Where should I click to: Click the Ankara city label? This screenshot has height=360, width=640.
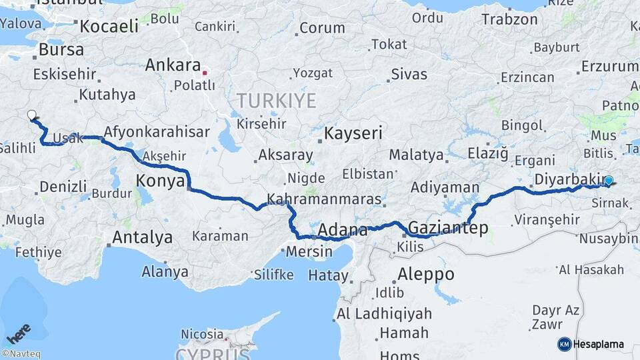pyautogui.click(x=173, y=65)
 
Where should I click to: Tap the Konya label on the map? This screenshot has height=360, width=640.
pyautogui.click(x=160, y=180)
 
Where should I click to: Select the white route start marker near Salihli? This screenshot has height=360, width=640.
pyautogui.click(x=31, y=115)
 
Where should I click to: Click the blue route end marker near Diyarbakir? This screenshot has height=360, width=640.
pyautogui.click(x=608, y=180)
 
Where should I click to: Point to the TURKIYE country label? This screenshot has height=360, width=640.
pyautogui.click(x=276, y=101)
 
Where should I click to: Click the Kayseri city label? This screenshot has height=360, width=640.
pyautogui.click(x=353, y=133)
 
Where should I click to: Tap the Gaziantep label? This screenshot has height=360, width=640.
pyautogui.click(x=447, y=228)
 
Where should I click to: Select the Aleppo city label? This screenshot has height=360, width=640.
pyautogui.click(x=426, y=274)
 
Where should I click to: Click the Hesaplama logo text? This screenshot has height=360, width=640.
pyautogui.click(x=598, y=344)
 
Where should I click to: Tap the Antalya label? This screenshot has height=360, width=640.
pyautogui.click(x=142, y=237)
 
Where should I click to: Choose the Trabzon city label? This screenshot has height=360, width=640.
pyautogui.click(x=509, y=19)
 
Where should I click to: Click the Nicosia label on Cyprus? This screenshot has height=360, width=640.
pyautogui.click(x=201, y=333)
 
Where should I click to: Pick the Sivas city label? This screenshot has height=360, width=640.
pyautogui.click(x=409, y=74)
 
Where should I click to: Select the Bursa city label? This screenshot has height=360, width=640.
pyautogui.click(x=61, y=49)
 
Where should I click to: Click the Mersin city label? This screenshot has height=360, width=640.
pyautogui.click(x=309, y=252)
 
